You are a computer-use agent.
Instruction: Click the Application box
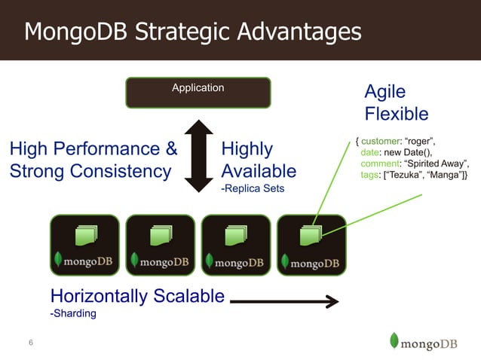[x=198, y=92]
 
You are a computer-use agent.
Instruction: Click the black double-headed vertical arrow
[x=199, y=155]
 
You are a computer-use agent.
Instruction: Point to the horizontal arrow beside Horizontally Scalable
[x=284, y=302]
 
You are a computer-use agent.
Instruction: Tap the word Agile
[x=384, y=92]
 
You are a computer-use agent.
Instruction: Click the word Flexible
[x=397, y=114]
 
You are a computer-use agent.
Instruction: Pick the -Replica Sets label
[x=253, y=188]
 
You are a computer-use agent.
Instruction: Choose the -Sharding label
[x=73, y=313]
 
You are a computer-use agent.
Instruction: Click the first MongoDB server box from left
[x=84, y=244]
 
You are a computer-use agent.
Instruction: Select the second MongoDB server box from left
[x=160, y=244]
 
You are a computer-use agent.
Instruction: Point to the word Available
[x=259, y=171]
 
